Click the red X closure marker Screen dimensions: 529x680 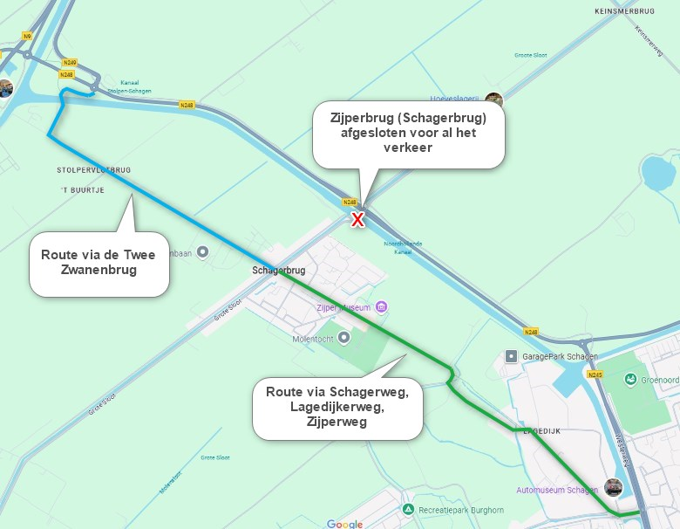(x=357, y=219)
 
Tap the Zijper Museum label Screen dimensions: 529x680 (x=346, y=308)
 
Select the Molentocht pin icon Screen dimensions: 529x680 (x=344, y=337)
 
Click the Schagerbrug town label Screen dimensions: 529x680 (x=276, y=270)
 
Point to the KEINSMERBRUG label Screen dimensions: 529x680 (x=623, y=11)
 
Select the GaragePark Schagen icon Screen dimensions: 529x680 (x=512, y=357)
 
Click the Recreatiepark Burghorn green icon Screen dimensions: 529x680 (x=408, y=509)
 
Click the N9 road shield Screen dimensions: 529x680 (x=27, y=36)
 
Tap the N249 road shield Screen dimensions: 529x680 (x=71, y=63)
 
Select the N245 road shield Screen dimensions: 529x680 (x=595, y=374)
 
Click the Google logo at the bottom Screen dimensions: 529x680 (x=344, y=523)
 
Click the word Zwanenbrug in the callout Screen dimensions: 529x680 (x=98, y=270)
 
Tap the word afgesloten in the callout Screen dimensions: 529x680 (x=371, y=133)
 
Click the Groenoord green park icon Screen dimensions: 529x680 (x=629, y=380)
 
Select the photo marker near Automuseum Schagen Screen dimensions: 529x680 (x=614, y=487)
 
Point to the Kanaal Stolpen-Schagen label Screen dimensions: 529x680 (x=124, y=86)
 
